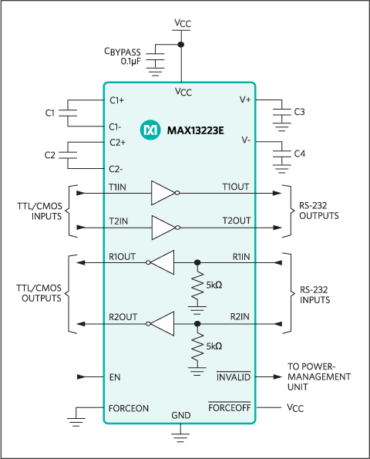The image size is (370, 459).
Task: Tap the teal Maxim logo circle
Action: pos(150,130)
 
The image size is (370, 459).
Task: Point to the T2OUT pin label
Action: pos(237,221)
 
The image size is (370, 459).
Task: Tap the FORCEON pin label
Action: pos(129,407)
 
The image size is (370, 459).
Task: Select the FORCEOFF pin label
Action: pos(230,407)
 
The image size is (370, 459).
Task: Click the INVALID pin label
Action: pos(234,377)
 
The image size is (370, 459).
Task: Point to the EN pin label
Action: pos(116,377)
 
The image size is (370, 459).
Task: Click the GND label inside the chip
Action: pos(180,415)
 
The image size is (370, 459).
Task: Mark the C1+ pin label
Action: pos(117,100)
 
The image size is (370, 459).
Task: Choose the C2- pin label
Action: pos(116,168)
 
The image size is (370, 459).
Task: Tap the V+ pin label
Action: pos(246,100)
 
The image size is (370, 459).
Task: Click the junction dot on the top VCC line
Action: pos(180,45)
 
